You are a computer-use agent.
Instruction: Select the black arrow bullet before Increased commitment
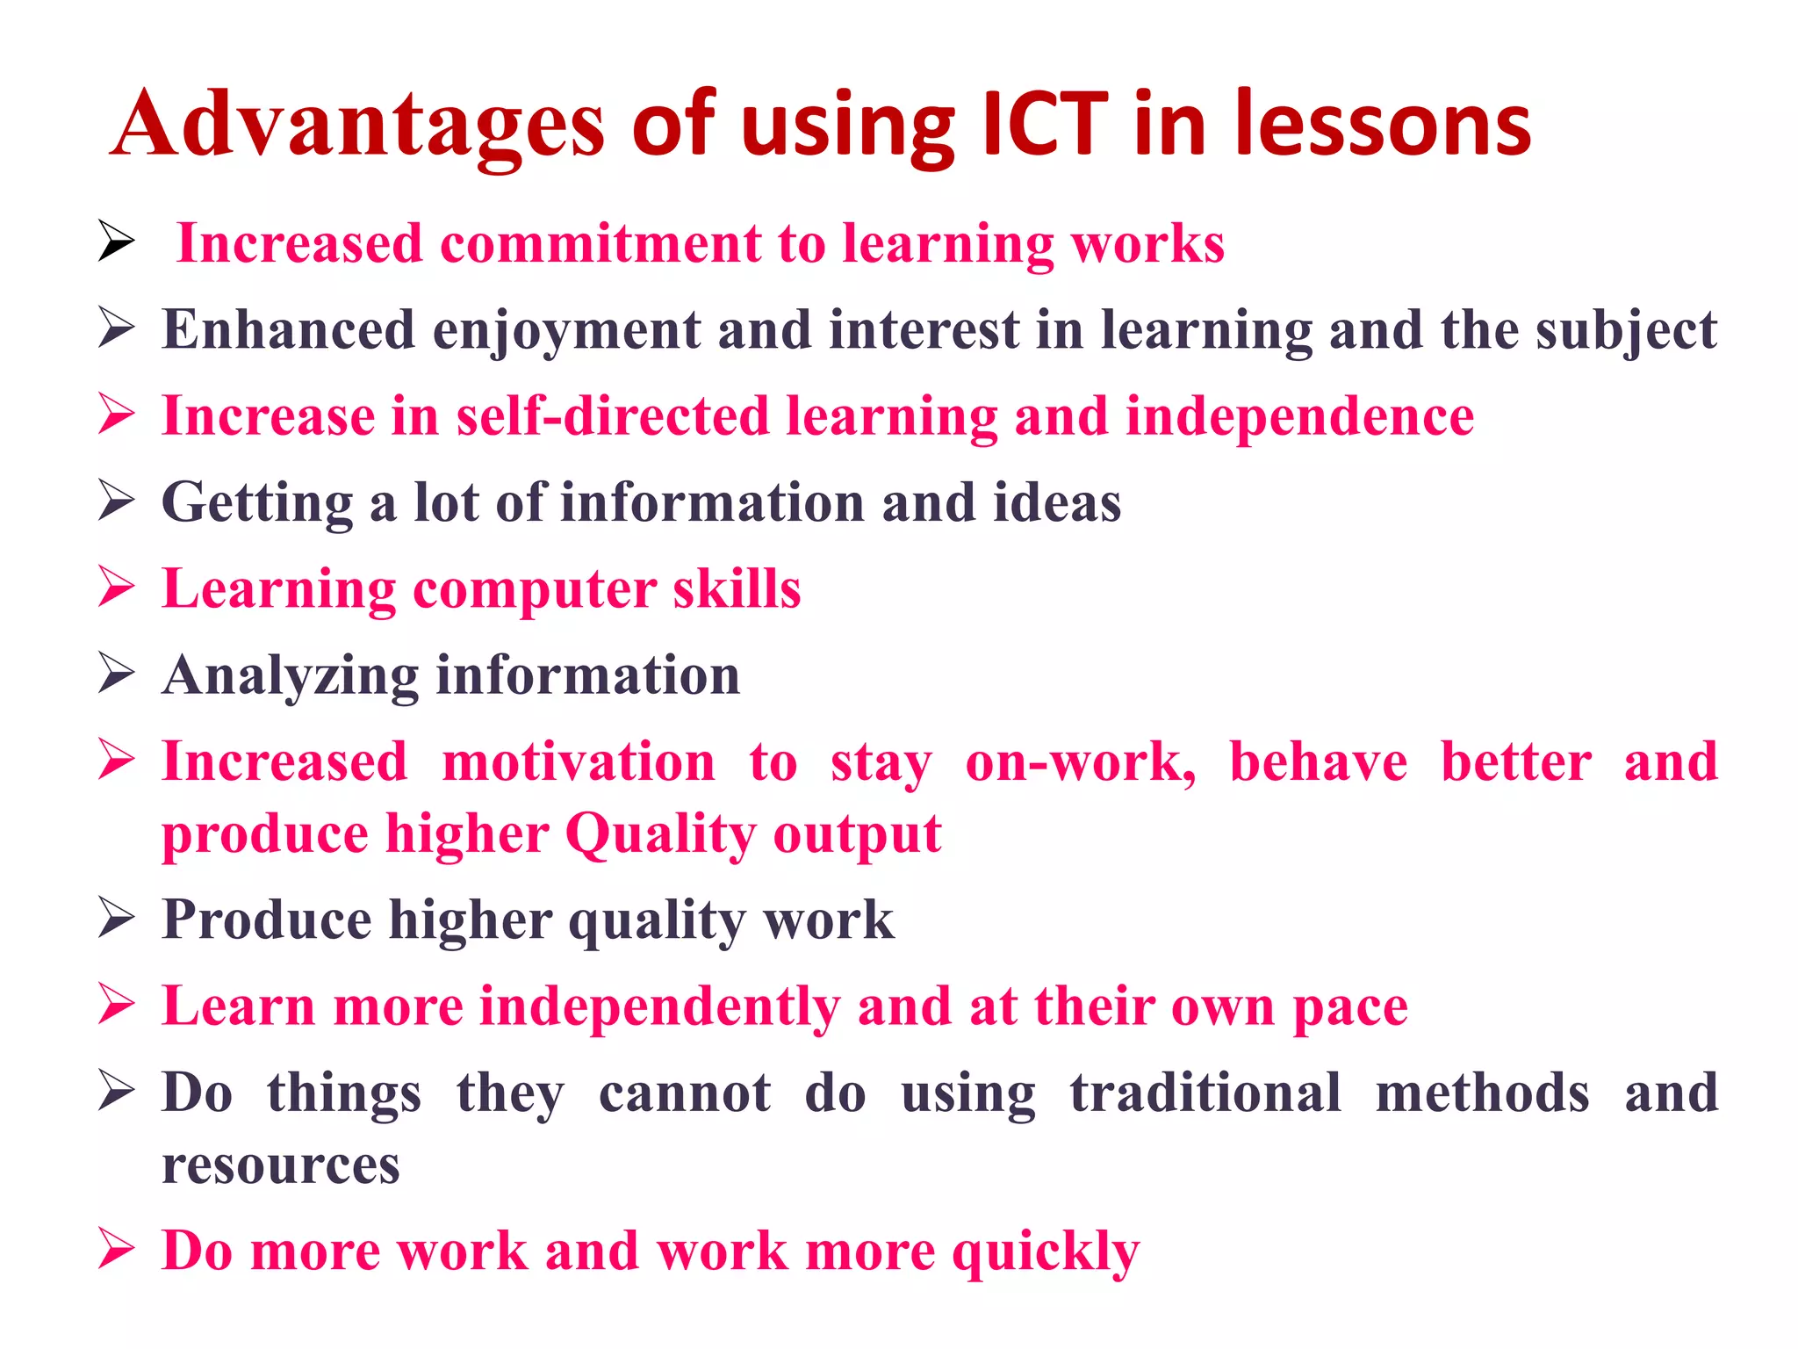[x=116, y=242]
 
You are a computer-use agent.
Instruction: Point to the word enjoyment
[x=565, y=331]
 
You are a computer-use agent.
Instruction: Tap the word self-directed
[x=612, y=415]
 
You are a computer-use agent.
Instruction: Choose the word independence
[x=1298, y=415]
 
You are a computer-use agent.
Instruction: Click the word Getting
[x=256, y=503]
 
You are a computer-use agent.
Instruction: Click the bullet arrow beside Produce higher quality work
[x=116, y=918]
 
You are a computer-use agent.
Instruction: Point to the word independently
[x=658, y=1006]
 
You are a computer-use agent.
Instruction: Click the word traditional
[x=1205, y=1093]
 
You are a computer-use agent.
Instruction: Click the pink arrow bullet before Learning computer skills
[x=116, y=587]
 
